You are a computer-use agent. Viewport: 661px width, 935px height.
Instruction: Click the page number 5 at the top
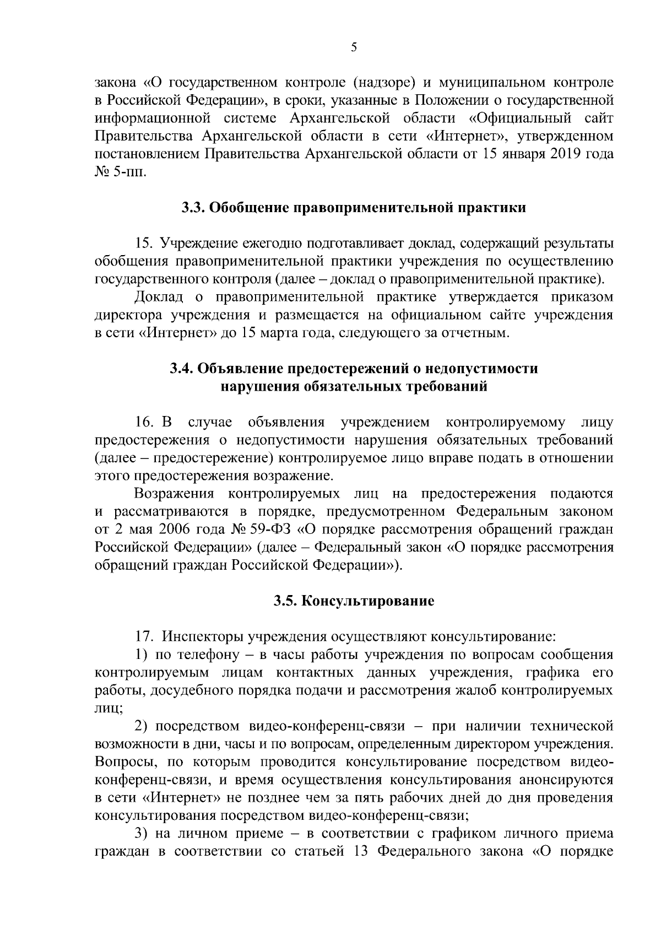coord(354,48)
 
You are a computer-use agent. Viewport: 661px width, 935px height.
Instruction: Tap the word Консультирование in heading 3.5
coord(368,601)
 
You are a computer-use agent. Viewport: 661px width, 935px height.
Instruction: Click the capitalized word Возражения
coord(174,494)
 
